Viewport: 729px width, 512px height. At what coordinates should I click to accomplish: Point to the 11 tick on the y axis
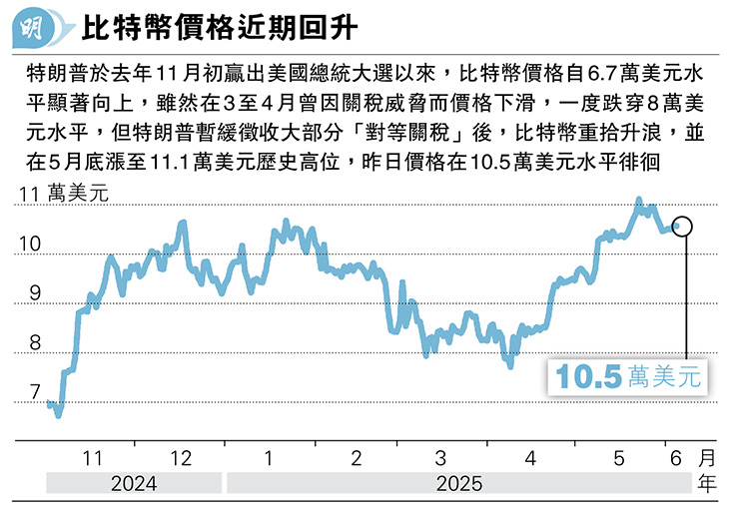click(x=30, y=195)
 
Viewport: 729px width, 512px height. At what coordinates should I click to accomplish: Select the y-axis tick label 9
click(x=35, y=293)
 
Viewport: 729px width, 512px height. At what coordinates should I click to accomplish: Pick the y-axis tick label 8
click(x=35, y=343)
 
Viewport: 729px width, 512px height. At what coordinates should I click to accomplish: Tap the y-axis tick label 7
click(x=35, y=393)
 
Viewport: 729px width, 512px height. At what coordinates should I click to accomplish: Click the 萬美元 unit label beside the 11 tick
click(x=78, y=195)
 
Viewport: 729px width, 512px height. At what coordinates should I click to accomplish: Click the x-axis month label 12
click(x=182, y=457)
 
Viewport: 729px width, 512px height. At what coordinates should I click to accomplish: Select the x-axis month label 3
click(x=441, y=457)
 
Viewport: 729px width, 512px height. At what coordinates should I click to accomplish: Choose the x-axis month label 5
click(x=618, y=457)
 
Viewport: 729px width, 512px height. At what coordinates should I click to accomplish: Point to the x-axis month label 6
click(x=675, y=457)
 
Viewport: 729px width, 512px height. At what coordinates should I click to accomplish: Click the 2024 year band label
click(x=133, y=484)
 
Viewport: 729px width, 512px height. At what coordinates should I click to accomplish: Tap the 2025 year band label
click(x=458, y=484)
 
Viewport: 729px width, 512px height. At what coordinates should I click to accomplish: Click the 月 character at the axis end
click(x=707, y=458)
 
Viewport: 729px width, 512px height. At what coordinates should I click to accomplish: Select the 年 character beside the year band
click(x=707, y=484)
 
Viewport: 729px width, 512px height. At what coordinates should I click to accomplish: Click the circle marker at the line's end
click(x=684, y=226)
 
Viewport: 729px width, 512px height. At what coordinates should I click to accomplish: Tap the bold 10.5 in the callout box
click(x=589, y=377)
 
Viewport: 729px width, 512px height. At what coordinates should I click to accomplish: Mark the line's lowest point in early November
click(x=58, y=414)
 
